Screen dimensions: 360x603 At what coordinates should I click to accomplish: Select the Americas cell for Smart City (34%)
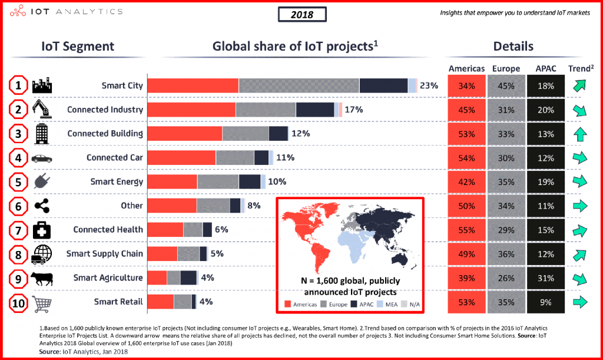pyautogui.click(x=466, y=86)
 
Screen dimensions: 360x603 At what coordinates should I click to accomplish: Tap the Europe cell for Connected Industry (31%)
pyautogui.click(x=506, y=110)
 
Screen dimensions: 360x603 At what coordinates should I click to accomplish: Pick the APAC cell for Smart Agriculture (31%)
pyautogui.click(x=545, y=278)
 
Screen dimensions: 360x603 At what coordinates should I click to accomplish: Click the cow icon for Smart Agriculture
pyautogui.click(x=42, y=278)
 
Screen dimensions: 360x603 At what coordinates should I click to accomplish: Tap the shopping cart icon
pyautogui.click(x=42, y=302)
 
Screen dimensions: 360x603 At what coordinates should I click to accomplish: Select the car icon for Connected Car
pyautogui.click(x=42, y=158)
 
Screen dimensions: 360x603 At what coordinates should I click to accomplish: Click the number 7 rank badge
pyautogui.click(x=19, y=230)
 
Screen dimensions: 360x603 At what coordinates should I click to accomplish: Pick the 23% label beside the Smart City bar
pyautogui.click(x=429, y=85)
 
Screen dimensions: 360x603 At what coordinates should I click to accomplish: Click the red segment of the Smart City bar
pyautogui.click(x=193, y=85)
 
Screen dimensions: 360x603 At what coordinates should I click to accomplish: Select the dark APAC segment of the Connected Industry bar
pyautogui.click(x=314, y=110)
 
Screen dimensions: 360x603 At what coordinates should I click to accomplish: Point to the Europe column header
pyautogui.click(x=506, y=68)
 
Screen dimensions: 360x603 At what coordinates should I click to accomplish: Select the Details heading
pyautogui.click(x=513, y=46)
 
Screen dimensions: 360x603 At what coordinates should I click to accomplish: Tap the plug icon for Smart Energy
pyautogui.click(x=42, y=181)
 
